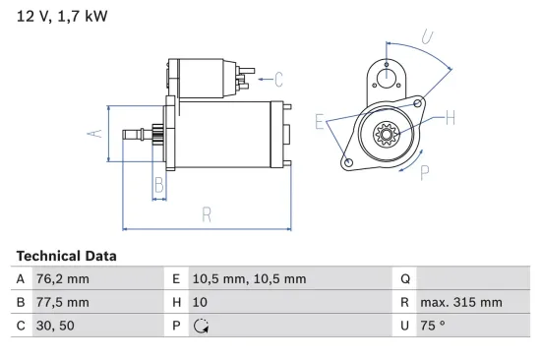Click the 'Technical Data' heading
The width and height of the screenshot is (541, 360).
point(66,256)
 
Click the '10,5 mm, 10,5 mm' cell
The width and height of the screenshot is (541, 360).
point(249,279)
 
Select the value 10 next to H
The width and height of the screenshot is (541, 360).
point(201,303)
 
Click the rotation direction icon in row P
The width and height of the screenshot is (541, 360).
point(202,327)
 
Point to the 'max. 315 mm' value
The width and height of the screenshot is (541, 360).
point(461,303)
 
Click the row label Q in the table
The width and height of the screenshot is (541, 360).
point(406,279)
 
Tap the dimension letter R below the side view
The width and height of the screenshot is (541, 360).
point(207,214)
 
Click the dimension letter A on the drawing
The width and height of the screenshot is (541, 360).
point(94,134)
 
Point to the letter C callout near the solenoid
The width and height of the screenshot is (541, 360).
point(278,79)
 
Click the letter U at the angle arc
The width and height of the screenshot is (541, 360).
point(427,38)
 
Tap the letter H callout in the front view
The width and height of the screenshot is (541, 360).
point(451,119)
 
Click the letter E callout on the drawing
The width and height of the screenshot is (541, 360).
point(320,122)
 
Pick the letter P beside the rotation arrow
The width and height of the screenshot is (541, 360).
point(425,172)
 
